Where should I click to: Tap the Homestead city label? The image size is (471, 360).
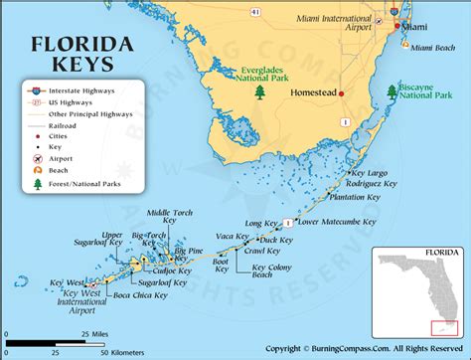click(310, 93)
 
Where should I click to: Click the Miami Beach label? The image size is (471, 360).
click(433, 48)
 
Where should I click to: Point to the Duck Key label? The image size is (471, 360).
click(275, 241)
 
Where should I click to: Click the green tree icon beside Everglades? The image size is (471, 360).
click(260, 92)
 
